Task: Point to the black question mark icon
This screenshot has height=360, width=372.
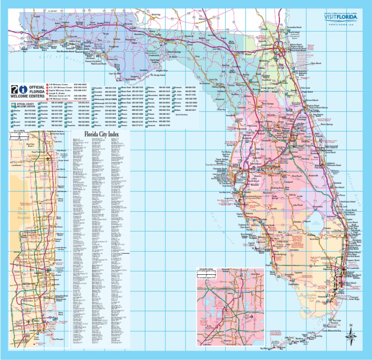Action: (14, 88)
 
